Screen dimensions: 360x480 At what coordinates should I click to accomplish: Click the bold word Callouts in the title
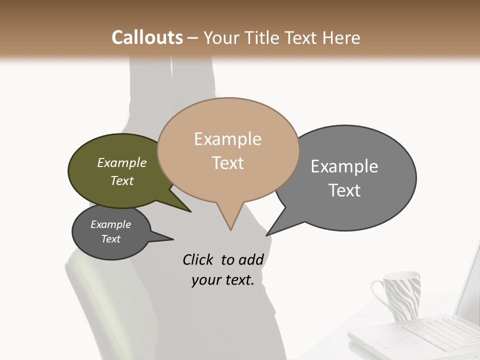click(147, 37)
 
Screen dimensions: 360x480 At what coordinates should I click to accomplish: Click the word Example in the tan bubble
click(227, 139)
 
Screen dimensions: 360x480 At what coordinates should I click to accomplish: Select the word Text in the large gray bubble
click(344, 190)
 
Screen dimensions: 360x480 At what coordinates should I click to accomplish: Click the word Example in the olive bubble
click(122, 162)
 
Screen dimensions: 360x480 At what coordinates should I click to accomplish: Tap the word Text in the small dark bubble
click(111, 239)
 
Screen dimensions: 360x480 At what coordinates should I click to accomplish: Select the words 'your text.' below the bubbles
click(222, 280)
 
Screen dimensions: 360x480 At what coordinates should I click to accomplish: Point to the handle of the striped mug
click(378, 295)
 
